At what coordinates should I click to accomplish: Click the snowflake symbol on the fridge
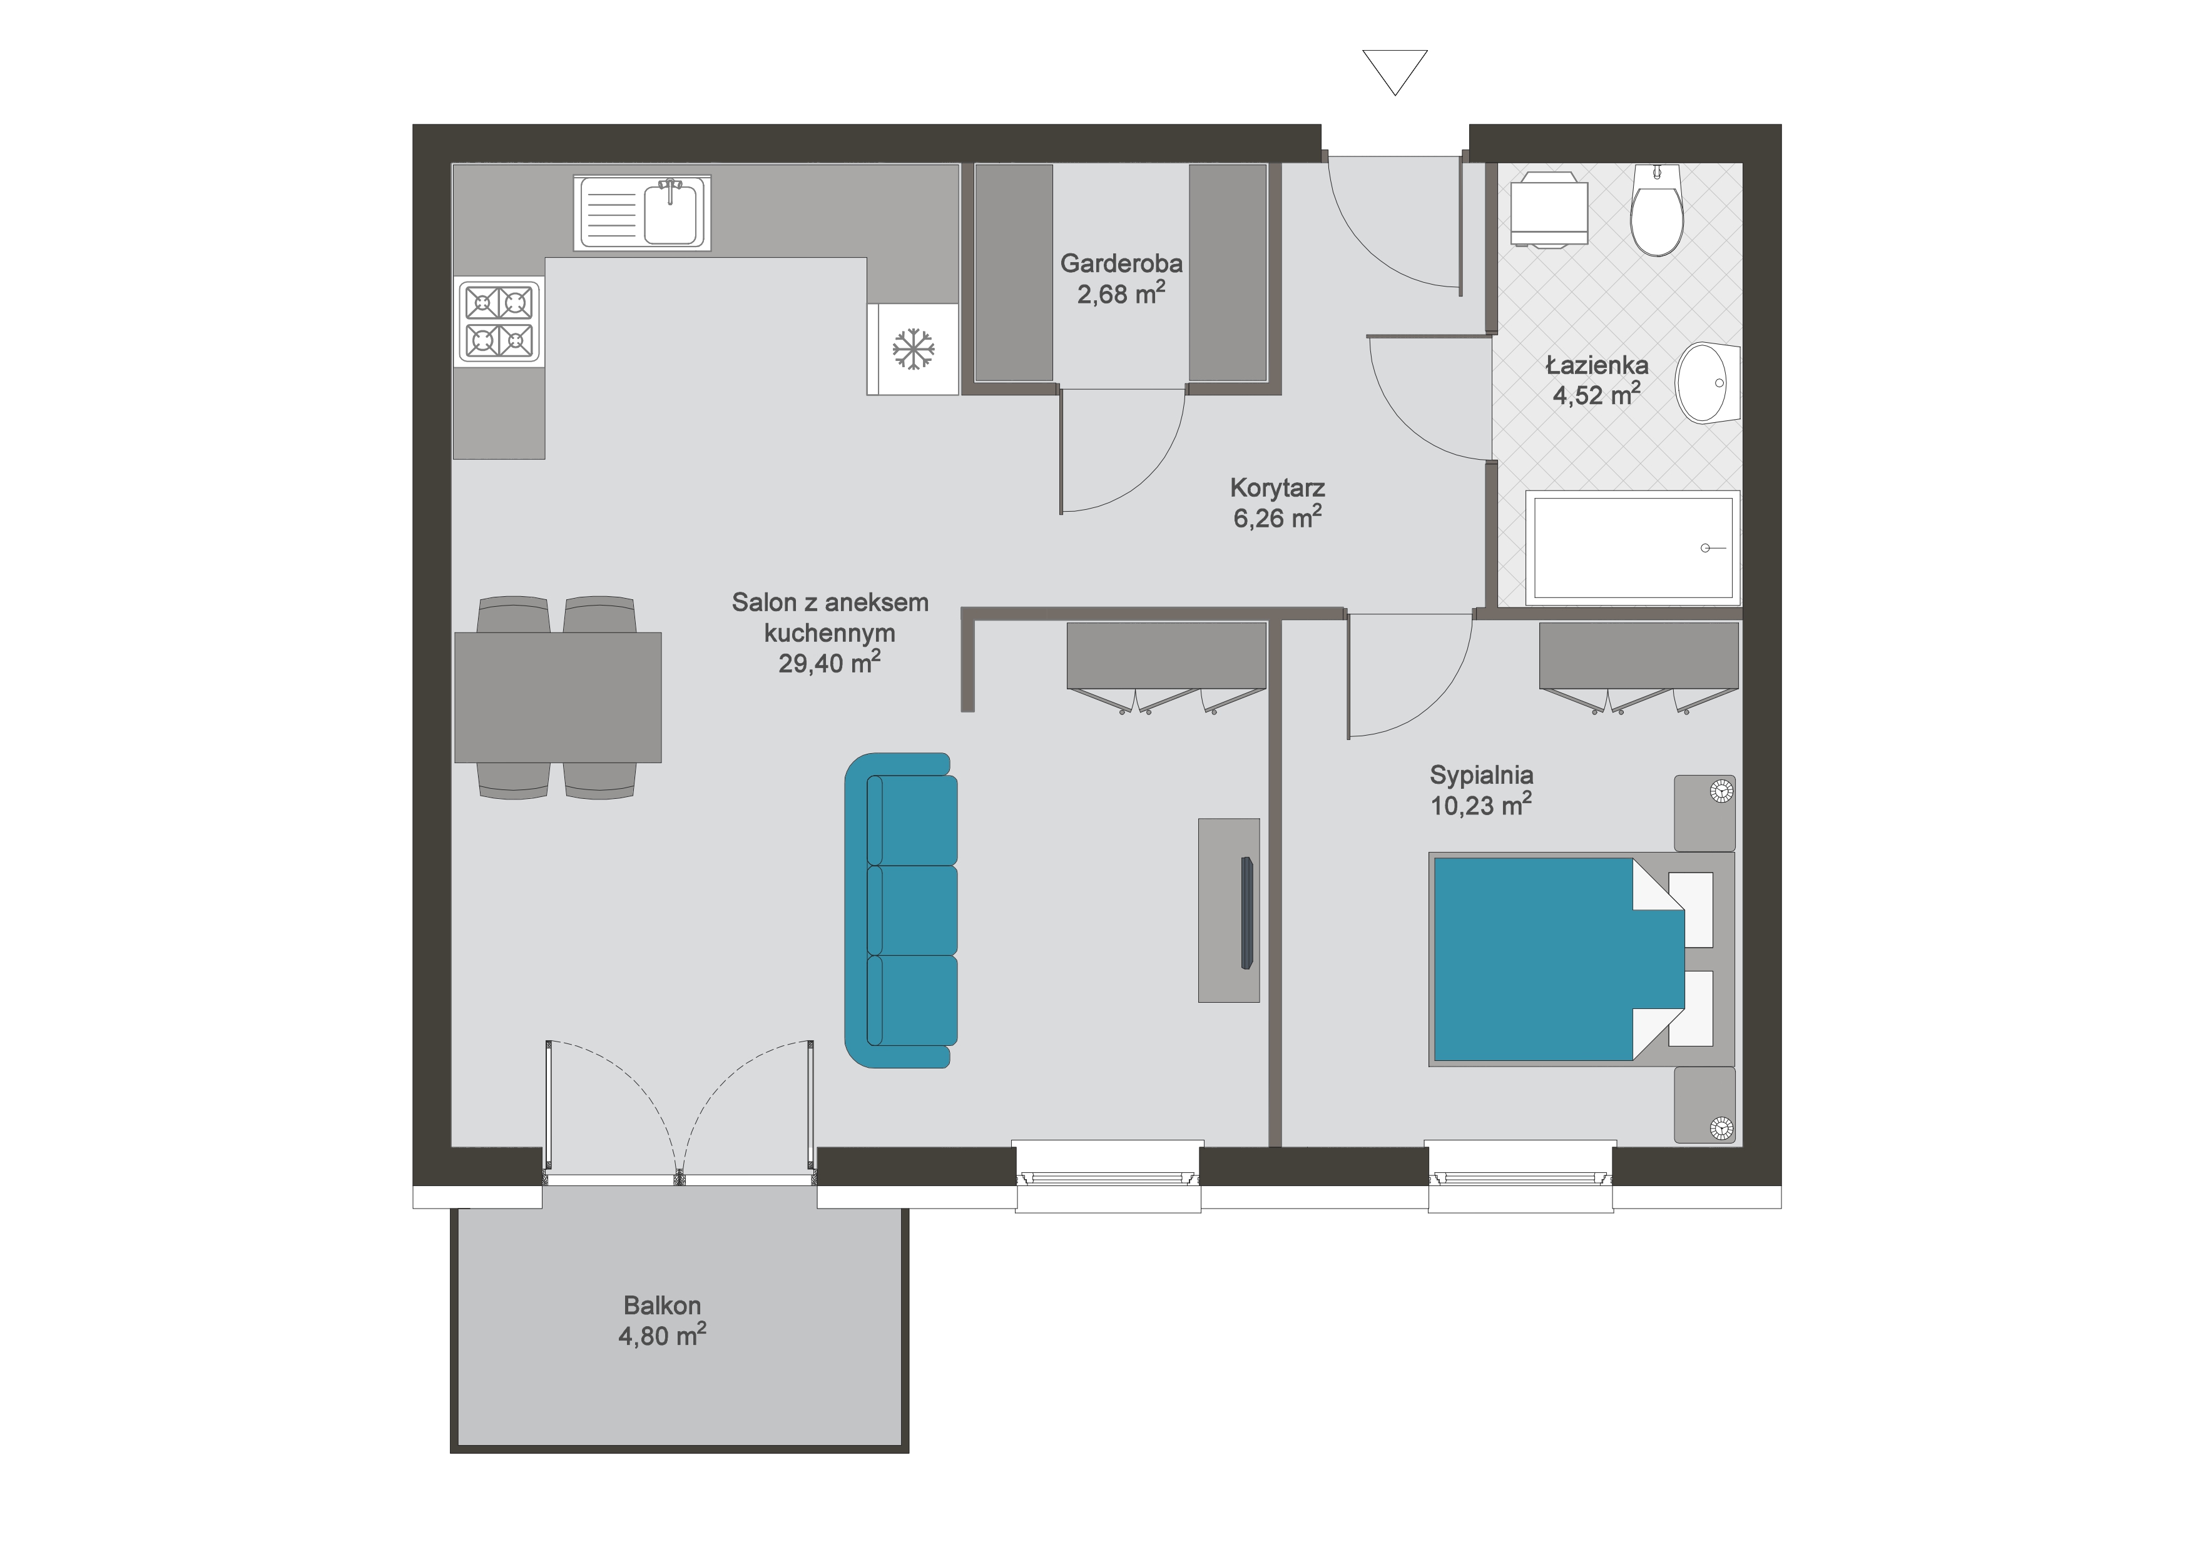[x=913, y=349]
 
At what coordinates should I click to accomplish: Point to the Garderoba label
[x=1121, y=263]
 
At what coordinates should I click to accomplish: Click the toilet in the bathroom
[x=1657, y=210]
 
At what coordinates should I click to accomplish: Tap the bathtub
[x=1633, y=547]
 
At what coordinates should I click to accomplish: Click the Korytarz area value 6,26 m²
[x=1277, y=518]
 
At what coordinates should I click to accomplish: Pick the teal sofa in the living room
[x=900, y=910]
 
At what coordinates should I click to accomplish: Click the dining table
[x=558, y=697]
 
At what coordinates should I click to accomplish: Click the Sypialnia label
[x=1481, y=775]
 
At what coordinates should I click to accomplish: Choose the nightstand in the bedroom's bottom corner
[x=1704, y=1105]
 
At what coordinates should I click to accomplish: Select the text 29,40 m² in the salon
[x=829, y=663]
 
